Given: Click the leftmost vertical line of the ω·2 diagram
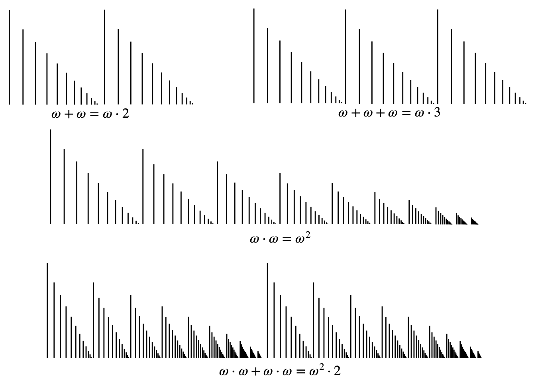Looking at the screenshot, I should coord(9,57).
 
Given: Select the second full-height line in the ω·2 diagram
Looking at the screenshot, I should coord(104,57).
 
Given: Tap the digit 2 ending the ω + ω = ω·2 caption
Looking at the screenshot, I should coord(126,115).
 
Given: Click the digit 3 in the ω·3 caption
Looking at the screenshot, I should coord(437,113).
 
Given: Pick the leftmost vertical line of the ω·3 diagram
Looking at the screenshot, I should coord(254,56).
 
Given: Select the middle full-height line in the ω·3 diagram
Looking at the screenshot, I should coord(346,56).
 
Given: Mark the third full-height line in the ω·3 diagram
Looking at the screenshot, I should coord(438,56).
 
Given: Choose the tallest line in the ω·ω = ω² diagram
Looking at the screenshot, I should coord(50,176).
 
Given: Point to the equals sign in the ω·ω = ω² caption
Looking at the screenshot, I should coord(286,240).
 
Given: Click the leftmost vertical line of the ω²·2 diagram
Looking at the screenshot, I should coord(47,310).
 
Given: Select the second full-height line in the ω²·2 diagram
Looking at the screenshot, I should coord(267,310).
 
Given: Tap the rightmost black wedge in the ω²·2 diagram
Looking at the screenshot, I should coord(479,354).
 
